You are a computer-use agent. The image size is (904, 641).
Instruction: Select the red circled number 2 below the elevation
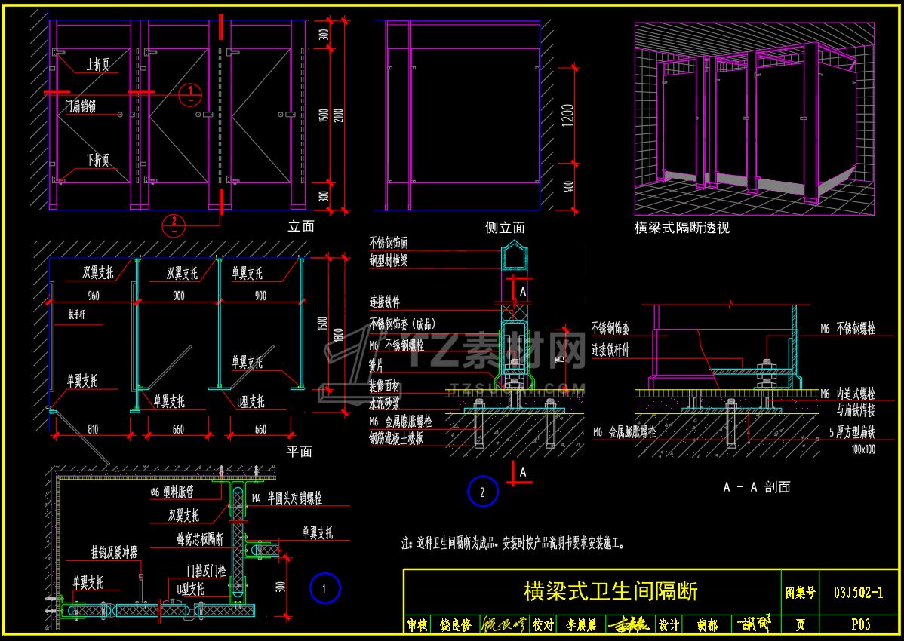(x=174, y=223)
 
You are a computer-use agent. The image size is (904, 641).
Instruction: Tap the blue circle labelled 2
(x=483, y=492)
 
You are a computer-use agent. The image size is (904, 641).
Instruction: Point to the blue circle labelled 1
(x=325, y=588)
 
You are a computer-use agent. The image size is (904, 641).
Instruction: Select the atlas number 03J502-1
(x=859, y=593)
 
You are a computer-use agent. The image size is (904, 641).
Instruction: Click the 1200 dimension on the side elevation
(x=568, y=114)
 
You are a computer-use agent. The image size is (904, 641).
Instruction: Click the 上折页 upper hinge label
(x=98, y=66)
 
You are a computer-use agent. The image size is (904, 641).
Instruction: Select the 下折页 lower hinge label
(x=98, y=160)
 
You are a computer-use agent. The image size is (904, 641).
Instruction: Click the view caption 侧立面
(x=505, y=227)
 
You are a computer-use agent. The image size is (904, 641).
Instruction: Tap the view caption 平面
(x=300, y=451)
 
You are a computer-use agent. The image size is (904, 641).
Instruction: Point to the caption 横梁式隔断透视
(x=682, y=227)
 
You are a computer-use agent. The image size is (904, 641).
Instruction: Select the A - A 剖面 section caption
(x=756, y=487)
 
